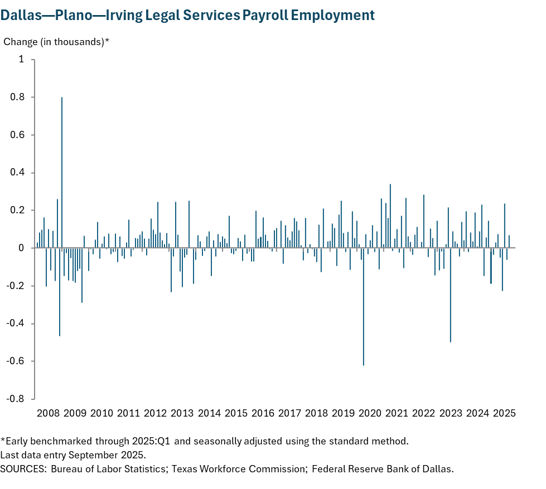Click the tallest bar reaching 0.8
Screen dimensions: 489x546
pos(62,173)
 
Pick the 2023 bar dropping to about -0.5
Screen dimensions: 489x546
pos(450,295)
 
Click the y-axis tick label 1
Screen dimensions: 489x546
pos(22,60)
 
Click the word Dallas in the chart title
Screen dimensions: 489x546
pos(21,15)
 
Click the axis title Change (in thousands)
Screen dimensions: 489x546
pos(56,42)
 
